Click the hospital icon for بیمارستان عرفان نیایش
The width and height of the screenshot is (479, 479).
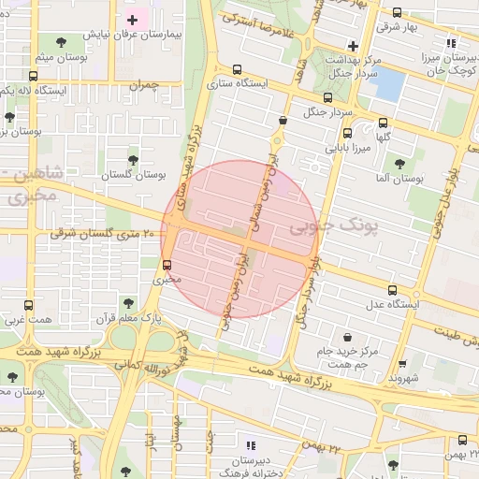coord(133,20)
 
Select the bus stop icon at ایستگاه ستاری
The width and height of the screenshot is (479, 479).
coord(236,69)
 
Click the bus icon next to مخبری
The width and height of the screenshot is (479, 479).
coord(167,264)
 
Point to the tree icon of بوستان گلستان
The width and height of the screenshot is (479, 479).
coord(132,160)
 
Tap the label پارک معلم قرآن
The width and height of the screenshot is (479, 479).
coord(127,319)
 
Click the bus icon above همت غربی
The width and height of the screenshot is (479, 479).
coord(28,305)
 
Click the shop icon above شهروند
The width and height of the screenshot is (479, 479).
coord(402,364)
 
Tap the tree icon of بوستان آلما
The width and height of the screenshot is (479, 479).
coord(400,163)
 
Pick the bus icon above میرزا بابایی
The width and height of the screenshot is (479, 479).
coord(347,134)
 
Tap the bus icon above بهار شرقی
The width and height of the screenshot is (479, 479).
coord(398,13)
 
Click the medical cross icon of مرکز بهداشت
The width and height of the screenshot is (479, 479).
coord(352,45)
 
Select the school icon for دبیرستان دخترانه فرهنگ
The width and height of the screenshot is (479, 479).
coord(250,445)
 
